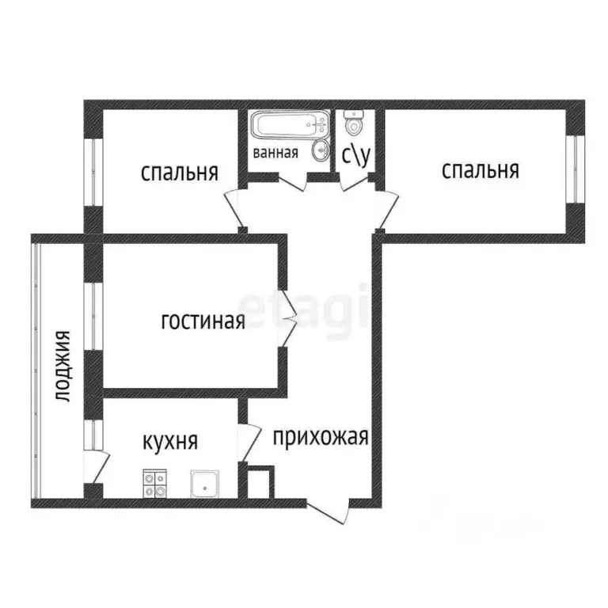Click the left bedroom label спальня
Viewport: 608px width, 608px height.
[x=179, y=173]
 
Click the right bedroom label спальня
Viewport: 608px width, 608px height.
[x=480, y=170]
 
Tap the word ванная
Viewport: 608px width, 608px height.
[x=275, y=153]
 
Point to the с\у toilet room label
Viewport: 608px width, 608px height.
[x=356, y=155]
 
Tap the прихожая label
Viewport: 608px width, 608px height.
[x=321, y=436]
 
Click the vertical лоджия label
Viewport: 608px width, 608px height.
[x=63, y=367]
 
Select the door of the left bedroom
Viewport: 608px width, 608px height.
[x=234, y=210]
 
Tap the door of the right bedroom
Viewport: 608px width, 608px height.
[x=386, y=209]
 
